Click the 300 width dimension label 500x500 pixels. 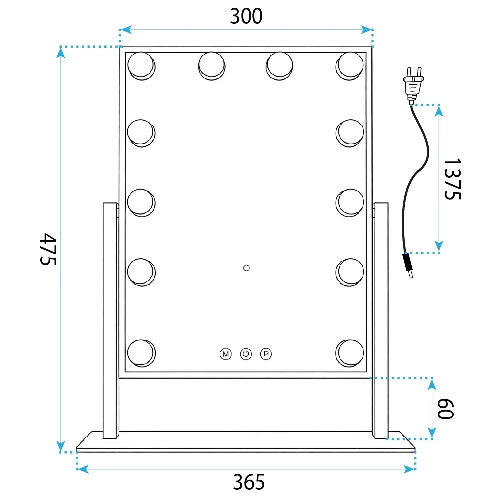[246, 16]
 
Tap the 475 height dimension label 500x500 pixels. [48, 249]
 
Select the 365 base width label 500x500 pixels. [249, 482]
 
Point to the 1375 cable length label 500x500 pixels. [452, 179]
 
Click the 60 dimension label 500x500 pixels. [445, 408]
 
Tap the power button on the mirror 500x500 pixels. [246, 354]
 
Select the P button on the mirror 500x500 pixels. [266, 354]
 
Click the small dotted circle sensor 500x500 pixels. [246, 268]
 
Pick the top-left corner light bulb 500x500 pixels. [141, 66]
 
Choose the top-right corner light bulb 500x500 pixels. [350, 66]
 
